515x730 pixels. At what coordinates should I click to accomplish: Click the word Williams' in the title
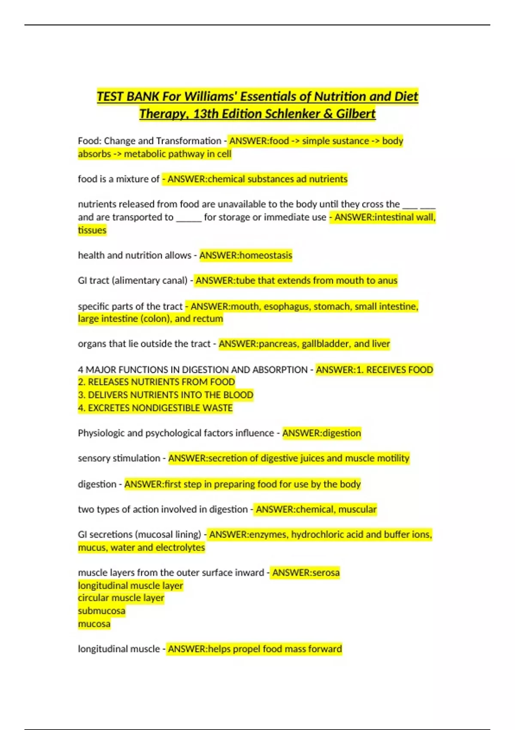click(210, 96)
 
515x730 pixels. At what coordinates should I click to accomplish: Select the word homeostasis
click(265, 255)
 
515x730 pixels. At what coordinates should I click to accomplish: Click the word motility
click(393, 458)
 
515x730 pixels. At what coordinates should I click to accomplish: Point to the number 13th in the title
click(206, 114)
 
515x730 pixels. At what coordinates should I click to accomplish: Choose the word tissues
click(92, 230)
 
